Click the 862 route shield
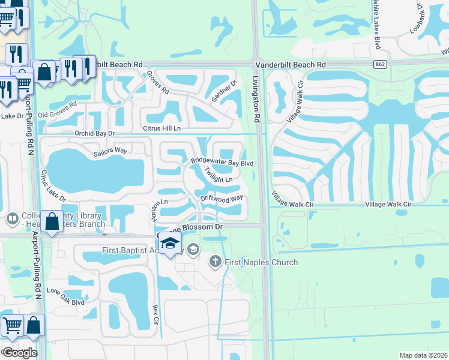pyautogui.click(x=382, y=64)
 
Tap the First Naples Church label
pyautogui.click(x=261, y=262)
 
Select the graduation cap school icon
pyautogui.click(x=171, y=244)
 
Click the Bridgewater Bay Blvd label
pyautogui.click(x=223, y=162)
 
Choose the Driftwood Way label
pyautogui.click(x=221, y=197)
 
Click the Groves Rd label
pyautogui.click(x=158, y=83)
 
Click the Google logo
pyautogui.click(x=19, y=353)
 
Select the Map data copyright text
pyautogui.click(x=423, y=355)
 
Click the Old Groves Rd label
pyautogui.click(x=58, y=110)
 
